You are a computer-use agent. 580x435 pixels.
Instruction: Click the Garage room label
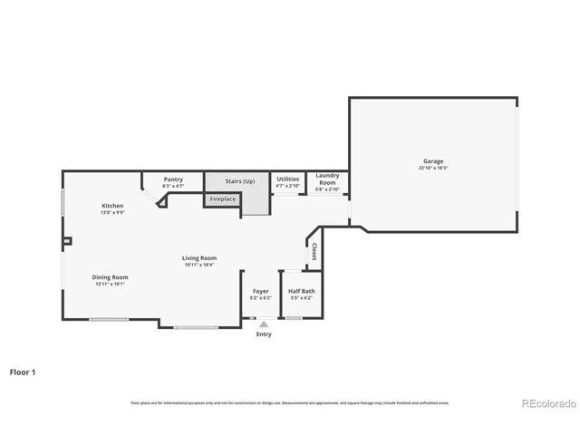pos(431,161)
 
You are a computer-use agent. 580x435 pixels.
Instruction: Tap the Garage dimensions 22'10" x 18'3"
pos(431,169)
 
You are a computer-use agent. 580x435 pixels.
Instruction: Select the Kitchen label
pos(112,206)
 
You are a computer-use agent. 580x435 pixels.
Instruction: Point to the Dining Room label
pos(110,277)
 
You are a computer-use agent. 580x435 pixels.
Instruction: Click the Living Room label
pos(199,257)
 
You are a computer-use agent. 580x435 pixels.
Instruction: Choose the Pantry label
pos(173,179)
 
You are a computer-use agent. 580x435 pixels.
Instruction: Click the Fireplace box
pos(223,198)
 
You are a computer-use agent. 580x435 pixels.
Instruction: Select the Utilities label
pos(287,179)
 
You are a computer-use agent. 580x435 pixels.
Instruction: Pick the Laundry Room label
pos(327,179)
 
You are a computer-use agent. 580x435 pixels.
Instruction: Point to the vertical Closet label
pos(314,252)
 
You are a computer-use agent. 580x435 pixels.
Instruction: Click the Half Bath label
pos(302,291)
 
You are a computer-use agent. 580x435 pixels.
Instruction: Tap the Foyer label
pos(260,291)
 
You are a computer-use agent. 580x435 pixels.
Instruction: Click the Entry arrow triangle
pos(263,323)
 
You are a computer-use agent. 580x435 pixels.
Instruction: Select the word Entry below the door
pos(263,334)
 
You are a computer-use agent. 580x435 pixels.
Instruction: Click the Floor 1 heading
pos(23,372)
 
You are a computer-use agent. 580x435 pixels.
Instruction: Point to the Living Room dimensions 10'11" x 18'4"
pos(199,265)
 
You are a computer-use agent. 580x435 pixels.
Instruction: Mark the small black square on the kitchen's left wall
pos(66,242)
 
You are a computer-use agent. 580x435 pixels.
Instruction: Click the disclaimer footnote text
pos(289,402)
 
